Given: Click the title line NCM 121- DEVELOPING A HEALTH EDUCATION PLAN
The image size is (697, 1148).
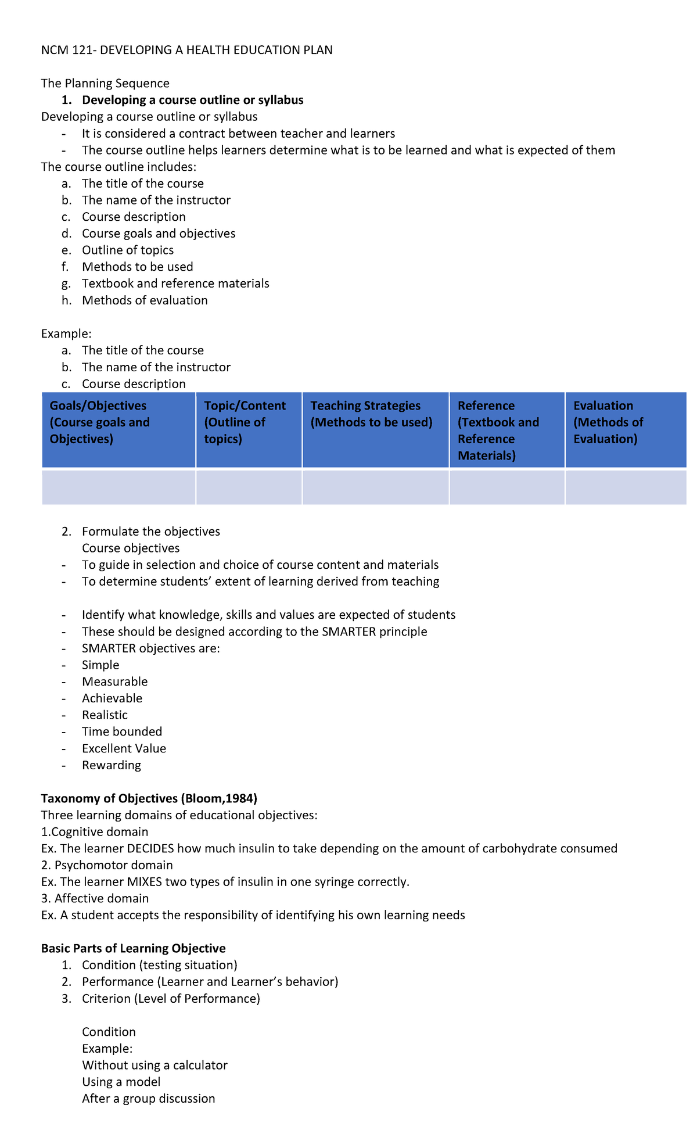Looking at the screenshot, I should tap(186, 50).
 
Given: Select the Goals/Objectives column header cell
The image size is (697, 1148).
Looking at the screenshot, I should tap(118, 429).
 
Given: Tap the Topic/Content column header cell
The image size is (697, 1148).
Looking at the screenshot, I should tap(249, 429).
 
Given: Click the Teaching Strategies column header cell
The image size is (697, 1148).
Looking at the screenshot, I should tap(375, 429).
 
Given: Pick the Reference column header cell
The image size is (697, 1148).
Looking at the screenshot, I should tap(506, 429).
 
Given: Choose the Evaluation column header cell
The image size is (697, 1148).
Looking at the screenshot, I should tap(625, 429).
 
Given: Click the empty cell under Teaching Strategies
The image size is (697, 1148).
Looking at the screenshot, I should tap(375, 487).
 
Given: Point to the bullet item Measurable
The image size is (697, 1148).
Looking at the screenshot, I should tap(115, 681).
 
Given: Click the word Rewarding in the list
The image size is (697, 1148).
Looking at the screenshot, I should tap(112, 765).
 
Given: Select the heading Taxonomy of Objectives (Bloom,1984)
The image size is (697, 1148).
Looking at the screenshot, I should tap(149, 798).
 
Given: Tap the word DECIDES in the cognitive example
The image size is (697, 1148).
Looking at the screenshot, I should tap(150, 848).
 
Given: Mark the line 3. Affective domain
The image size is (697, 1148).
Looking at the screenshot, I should tap(95, 898).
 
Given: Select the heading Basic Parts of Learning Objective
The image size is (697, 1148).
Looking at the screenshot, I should tap(133, 949).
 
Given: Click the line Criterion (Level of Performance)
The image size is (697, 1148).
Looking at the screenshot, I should tap(171, 999).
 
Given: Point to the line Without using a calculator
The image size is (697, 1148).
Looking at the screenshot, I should tap(155, 1066).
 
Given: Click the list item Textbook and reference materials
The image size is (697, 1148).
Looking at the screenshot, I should tap(175, 284).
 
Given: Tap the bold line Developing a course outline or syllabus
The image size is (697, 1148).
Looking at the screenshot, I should tap(192, 100).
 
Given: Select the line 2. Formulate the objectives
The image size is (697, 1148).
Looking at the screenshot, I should tap(150, 532).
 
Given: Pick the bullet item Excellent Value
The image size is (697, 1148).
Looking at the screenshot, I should tap(124, 748).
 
